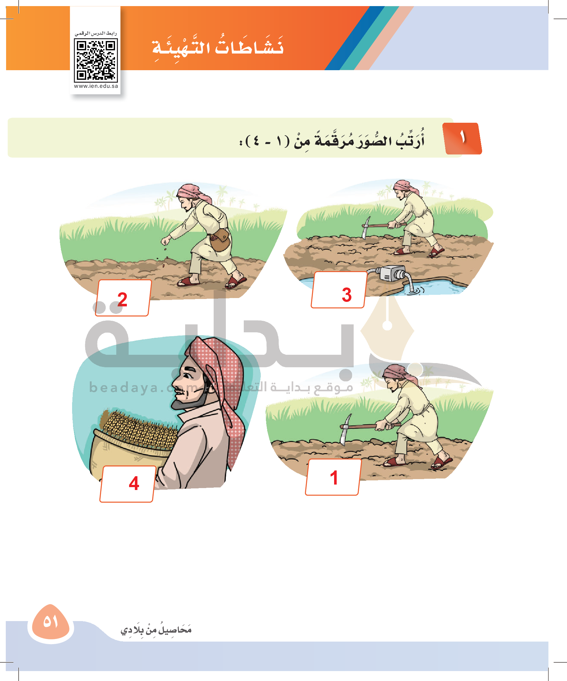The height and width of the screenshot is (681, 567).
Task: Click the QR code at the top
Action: (96, 60)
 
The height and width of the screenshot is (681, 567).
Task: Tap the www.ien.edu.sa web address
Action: (96, 86)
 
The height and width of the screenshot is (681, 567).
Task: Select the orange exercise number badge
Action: (462, 138)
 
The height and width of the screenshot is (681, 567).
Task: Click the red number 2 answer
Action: (122, 299)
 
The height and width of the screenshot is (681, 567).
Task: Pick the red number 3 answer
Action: (347, 295)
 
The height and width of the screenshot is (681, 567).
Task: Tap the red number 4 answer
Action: (134, 484)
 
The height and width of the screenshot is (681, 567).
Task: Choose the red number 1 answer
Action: (334, 478)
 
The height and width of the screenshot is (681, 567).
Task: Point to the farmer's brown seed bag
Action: (220, 240)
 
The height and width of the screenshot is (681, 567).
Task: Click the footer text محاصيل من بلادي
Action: (156, 629)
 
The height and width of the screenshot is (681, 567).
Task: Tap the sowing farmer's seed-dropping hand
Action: (166, 241)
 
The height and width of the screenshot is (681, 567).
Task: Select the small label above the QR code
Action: (96, 33)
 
